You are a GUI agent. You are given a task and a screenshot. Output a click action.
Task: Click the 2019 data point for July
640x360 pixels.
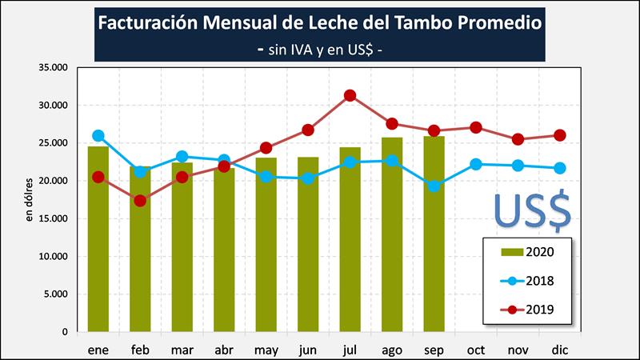tap(350, 96)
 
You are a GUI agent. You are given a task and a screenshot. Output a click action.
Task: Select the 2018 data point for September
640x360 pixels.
tap(433, 186)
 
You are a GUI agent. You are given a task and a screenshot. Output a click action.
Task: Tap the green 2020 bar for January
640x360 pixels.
tap(98, 240)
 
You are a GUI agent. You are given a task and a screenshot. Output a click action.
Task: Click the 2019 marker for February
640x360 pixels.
tap(140, 201)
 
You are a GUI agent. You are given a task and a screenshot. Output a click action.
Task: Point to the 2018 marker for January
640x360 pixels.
tap(98, 136)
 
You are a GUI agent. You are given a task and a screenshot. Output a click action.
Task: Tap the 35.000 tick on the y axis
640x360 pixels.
tap(52, 67)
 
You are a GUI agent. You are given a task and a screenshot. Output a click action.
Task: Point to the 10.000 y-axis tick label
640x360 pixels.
tap(52, 256)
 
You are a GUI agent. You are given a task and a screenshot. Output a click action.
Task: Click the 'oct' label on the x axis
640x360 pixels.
tap(475, 349)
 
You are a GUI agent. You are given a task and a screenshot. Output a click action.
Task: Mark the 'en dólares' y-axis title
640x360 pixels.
tap(30, 199)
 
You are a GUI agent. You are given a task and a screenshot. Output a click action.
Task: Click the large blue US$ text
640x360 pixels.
tap(531, 209)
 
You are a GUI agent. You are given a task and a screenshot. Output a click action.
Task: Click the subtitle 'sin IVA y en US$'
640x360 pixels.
tap(320, 48)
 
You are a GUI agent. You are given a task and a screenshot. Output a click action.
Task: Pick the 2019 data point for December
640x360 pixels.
tap(559, 135)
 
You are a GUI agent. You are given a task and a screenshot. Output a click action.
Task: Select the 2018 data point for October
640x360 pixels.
tap(475, 164)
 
